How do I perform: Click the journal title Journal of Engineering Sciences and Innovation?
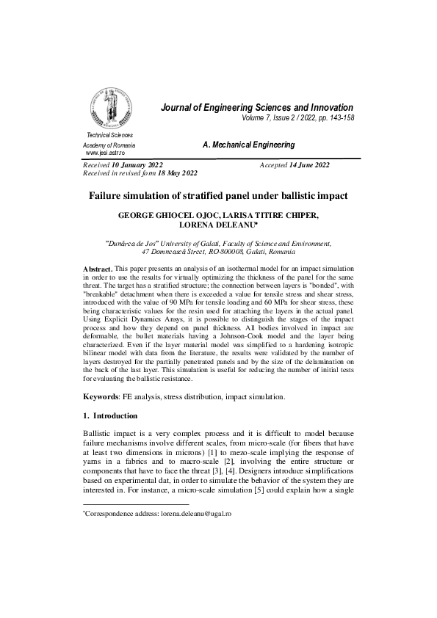(257, 108)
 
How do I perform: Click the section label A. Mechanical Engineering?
(248, 145)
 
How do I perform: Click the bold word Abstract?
(98, 270)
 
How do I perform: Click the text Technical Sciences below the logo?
(110, 136)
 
